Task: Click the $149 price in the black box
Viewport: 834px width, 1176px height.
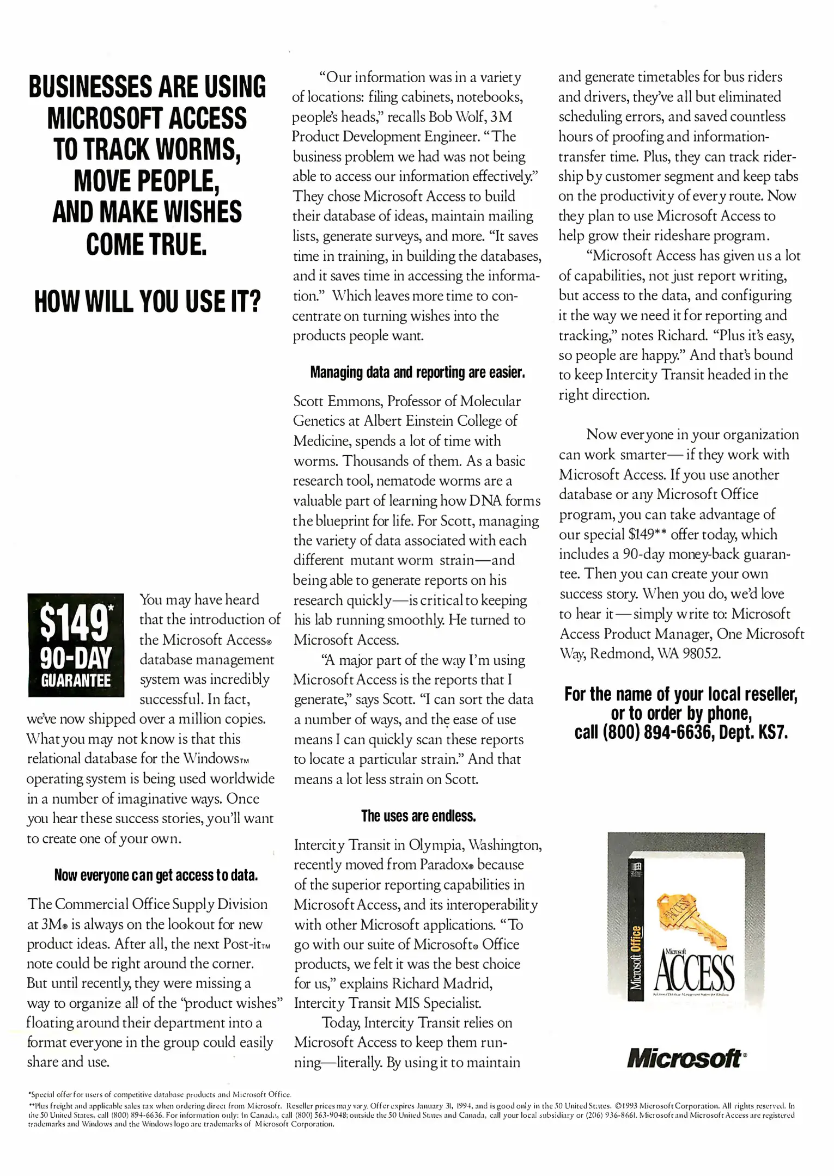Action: pos(75,623)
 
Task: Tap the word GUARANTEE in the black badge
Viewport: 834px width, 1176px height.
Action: pos(76,681)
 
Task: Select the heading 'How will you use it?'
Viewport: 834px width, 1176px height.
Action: pos(147,302)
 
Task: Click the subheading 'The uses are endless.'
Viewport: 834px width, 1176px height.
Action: pos(418,816)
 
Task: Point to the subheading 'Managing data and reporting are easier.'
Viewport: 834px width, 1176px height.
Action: pos(417,373)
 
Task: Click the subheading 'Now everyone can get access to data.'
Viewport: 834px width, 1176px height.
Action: pos(156,875)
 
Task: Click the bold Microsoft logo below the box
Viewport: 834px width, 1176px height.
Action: pos(685,1058)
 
